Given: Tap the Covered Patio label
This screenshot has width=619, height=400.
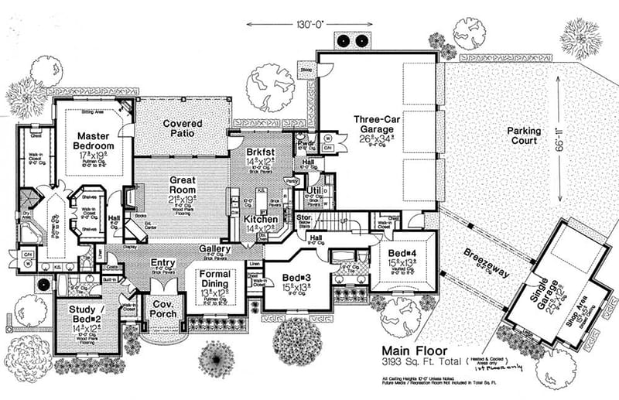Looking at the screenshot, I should point(183,128).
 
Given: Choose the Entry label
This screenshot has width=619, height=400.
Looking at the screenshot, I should point(163,264).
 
